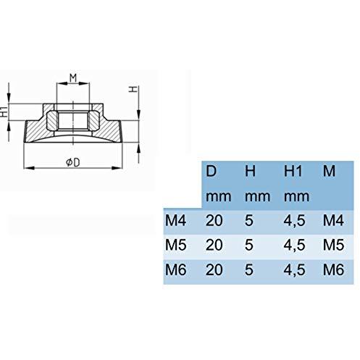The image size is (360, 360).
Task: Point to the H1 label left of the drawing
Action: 5,112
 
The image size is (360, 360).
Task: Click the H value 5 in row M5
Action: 249,246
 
